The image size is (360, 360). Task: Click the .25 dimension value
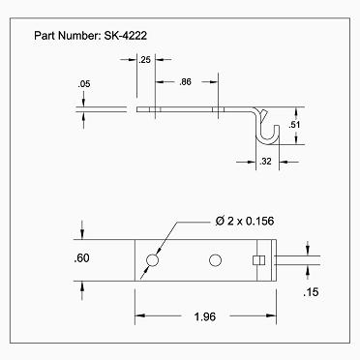(x=145, y=60)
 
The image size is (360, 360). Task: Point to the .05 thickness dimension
(x=84, y=84)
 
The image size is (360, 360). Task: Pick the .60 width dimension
(x=82, y=258)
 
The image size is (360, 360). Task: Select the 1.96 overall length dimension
(x=204, y=315)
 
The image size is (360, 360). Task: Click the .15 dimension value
(x=310, y=291)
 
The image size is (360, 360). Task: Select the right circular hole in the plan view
(x=215, y=258)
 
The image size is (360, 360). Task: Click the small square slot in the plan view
(x=257, y=259)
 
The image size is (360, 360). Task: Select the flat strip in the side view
(x=194, y=109)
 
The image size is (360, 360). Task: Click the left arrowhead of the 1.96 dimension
(x=138, y=315)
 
